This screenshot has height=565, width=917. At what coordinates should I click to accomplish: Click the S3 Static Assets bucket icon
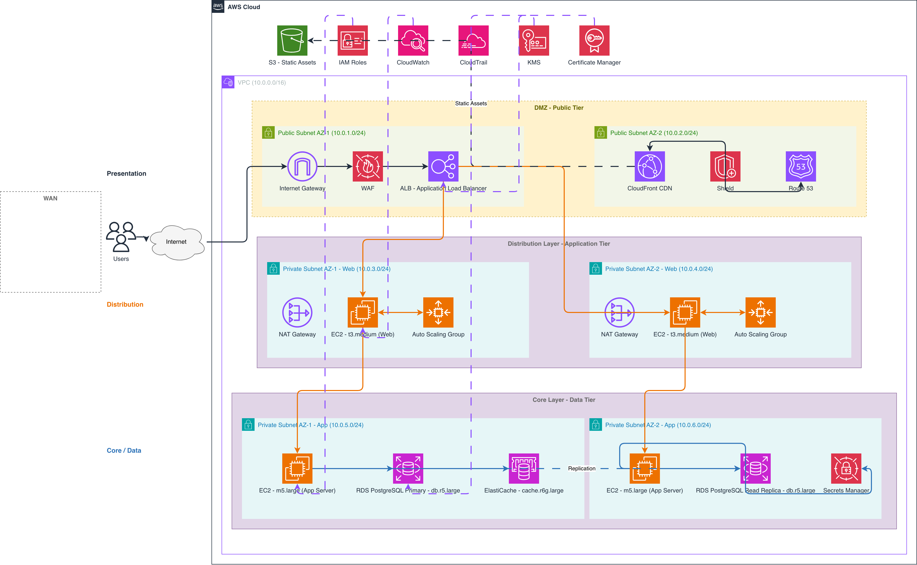click(292, 40)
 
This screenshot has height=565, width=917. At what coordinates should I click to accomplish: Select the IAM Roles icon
click(353, 40)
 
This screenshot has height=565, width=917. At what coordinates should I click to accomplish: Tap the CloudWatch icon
click(413, 40)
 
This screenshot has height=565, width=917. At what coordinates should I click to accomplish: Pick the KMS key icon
click(534, 40)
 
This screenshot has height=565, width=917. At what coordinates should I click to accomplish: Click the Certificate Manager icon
click(594, 40)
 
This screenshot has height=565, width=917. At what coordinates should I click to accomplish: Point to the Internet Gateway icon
click(302, 166)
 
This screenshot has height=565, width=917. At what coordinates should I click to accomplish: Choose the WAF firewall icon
click(368, 166)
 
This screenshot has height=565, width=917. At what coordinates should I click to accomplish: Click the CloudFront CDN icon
click(650, 166)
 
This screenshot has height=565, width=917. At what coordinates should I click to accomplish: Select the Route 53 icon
click(801, 166)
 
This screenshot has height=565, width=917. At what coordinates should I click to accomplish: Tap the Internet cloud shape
click(177, 242)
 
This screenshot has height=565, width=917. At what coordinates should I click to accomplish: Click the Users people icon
click(121, 237)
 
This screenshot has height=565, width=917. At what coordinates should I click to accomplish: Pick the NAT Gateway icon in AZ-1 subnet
click(297, 312)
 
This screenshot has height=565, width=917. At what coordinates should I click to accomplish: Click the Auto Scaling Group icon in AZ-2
click(760, 312)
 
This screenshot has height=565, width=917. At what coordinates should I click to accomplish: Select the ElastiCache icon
click(524, 469)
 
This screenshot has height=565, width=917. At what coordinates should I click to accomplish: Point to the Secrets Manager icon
click(846, 469)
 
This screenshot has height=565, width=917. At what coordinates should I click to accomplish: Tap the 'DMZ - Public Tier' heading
click(559, 108)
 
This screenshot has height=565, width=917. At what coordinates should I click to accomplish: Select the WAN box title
click(50, 198)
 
